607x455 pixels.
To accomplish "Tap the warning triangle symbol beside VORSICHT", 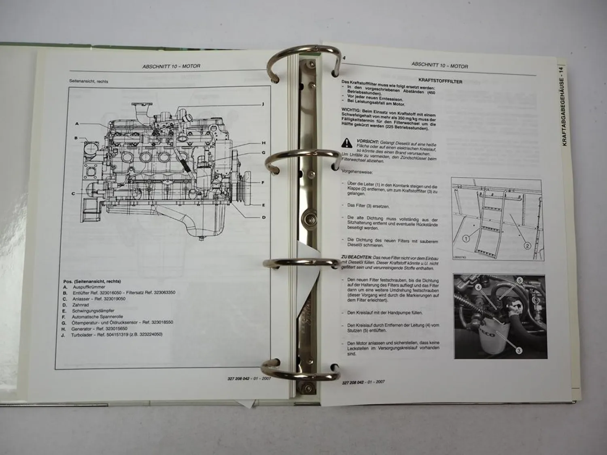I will click(x=347, y=142).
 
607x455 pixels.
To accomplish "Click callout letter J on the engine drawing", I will click(x=263, y=104).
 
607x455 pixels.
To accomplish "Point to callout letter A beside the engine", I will click(x=77, y=124).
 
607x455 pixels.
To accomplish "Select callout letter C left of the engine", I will click(x=73, y=194).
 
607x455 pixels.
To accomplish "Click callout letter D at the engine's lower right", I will click(x=263, y=218).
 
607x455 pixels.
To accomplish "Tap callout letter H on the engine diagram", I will click(x=263, y=143).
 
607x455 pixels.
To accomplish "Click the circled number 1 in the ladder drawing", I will click(x=466, y=239).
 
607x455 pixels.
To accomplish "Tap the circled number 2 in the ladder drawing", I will click(x=527, y=245).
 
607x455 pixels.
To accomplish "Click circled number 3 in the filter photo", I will click(x=518, y=351).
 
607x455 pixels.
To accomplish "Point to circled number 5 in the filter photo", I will click(x=519, y=280).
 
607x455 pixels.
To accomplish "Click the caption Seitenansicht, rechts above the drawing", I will click(x=89, y=81).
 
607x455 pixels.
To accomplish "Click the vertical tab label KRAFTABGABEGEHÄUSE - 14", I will click(x=565, y=105).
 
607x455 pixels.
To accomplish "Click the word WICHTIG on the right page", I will click(x=350, y=110).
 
